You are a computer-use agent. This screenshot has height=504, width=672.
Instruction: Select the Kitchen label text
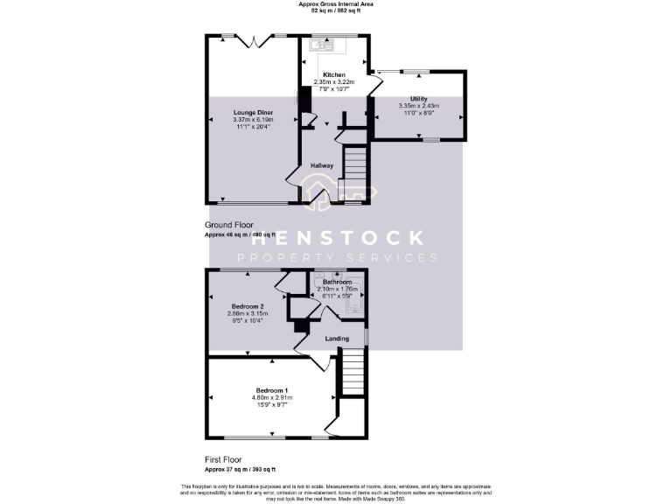coord(334,75)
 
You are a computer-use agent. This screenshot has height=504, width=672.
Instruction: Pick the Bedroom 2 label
coord(249,306)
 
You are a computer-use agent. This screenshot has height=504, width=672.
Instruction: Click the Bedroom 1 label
coord(272,390)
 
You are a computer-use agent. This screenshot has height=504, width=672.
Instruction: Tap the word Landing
coord(337,339)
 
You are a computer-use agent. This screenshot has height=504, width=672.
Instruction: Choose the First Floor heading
coord(224,459)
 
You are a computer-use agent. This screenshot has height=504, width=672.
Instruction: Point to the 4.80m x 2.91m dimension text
coord(272,397)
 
